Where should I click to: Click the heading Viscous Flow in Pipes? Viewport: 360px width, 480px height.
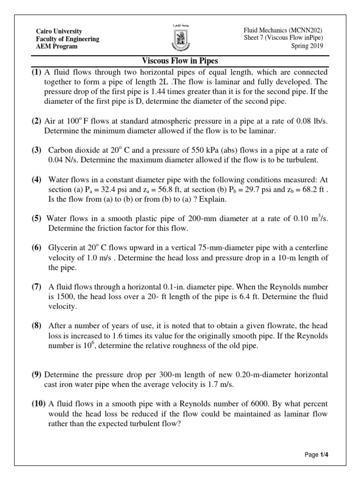coord(180,61)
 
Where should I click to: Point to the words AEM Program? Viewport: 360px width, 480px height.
coord(57,46)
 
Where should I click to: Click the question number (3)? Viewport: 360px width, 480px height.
coord(37,150)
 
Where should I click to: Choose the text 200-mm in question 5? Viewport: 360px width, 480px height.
coord(209,219)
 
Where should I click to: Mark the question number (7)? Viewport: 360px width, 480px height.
coord(37,287)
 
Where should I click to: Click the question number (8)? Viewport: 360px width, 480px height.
coord(37,326)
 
